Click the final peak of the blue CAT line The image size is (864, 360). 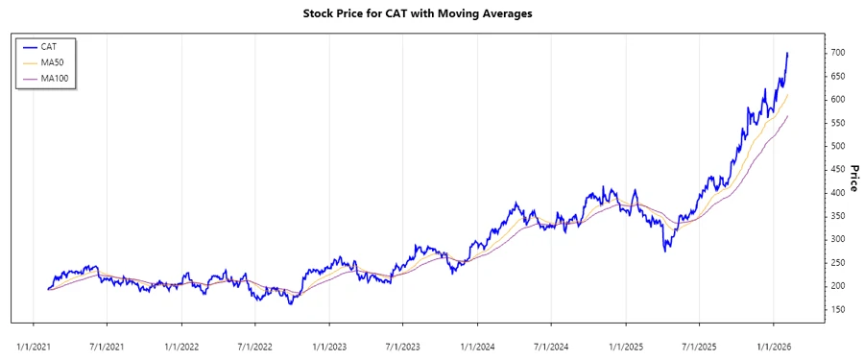pos(787,54)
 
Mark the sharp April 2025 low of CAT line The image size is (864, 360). pos(665,251)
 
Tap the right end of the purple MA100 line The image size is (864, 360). pos(787,116)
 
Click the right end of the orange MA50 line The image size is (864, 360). pos(787,94)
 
